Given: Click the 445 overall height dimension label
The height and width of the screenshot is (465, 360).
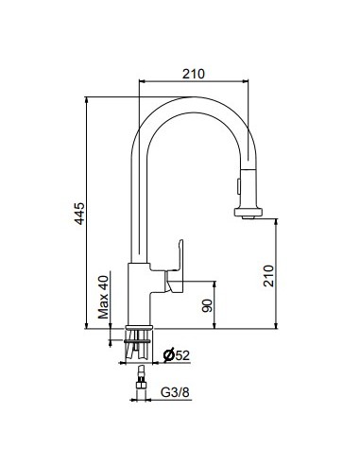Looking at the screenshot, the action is point(79,214).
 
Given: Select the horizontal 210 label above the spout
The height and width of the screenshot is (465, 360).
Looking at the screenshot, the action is point(194,74).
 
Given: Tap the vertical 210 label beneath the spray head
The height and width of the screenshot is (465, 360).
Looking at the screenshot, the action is point(268,276).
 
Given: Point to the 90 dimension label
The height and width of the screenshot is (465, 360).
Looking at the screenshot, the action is point(207,305).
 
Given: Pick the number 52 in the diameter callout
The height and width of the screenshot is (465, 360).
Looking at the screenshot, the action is point(182,355).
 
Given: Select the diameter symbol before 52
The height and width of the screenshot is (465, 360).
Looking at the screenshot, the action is point(169,355).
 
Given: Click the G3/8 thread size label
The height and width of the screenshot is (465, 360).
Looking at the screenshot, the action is point(175,392).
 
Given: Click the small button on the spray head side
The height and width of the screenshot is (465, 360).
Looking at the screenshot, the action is point(238,186).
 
